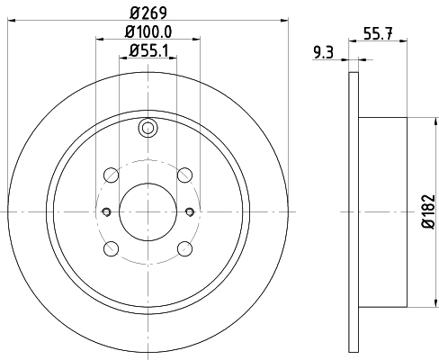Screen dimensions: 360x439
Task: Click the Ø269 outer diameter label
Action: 147,11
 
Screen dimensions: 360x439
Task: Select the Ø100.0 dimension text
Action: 148,33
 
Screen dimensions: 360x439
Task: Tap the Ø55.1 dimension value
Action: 148,51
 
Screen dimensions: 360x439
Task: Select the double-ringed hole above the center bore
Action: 147,130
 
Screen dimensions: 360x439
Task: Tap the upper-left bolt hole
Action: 110,175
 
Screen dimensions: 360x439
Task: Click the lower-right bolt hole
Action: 184,248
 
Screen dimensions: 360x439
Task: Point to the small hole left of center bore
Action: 105,211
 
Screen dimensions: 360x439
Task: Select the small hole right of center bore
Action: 189,211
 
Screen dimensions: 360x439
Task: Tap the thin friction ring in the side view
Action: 353,211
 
